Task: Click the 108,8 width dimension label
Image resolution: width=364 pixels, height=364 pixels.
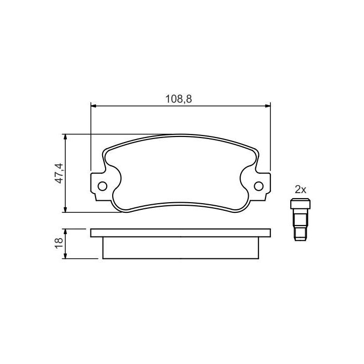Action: (x=178, y=99)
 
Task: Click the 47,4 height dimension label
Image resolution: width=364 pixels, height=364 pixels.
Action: (x=59, y=173)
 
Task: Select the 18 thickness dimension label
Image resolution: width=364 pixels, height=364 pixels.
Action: (x=59, y=244)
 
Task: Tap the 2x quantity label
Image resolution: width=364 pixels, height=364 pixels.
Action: (x=300, y=190)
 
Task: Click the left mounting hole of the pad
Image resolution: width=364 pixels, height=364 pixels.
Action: (x=102, y=186)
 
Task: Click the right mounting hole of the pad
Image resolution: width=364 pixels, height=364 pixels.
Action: (x=259, y=186)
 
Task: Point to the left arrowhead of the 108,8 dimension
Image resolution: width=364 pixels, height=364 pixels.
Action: (x=94, y=106)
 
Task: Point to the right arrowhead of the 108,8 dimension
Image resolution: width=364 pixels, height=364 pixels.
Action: (x=268, y=106)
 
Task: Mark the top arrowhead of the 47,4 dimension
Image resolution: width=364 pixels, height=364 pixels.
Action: (x=66, y=136)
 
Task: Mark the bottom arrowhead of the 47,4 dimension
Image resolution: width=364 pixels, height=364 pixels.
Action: (x=66, y=209)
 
